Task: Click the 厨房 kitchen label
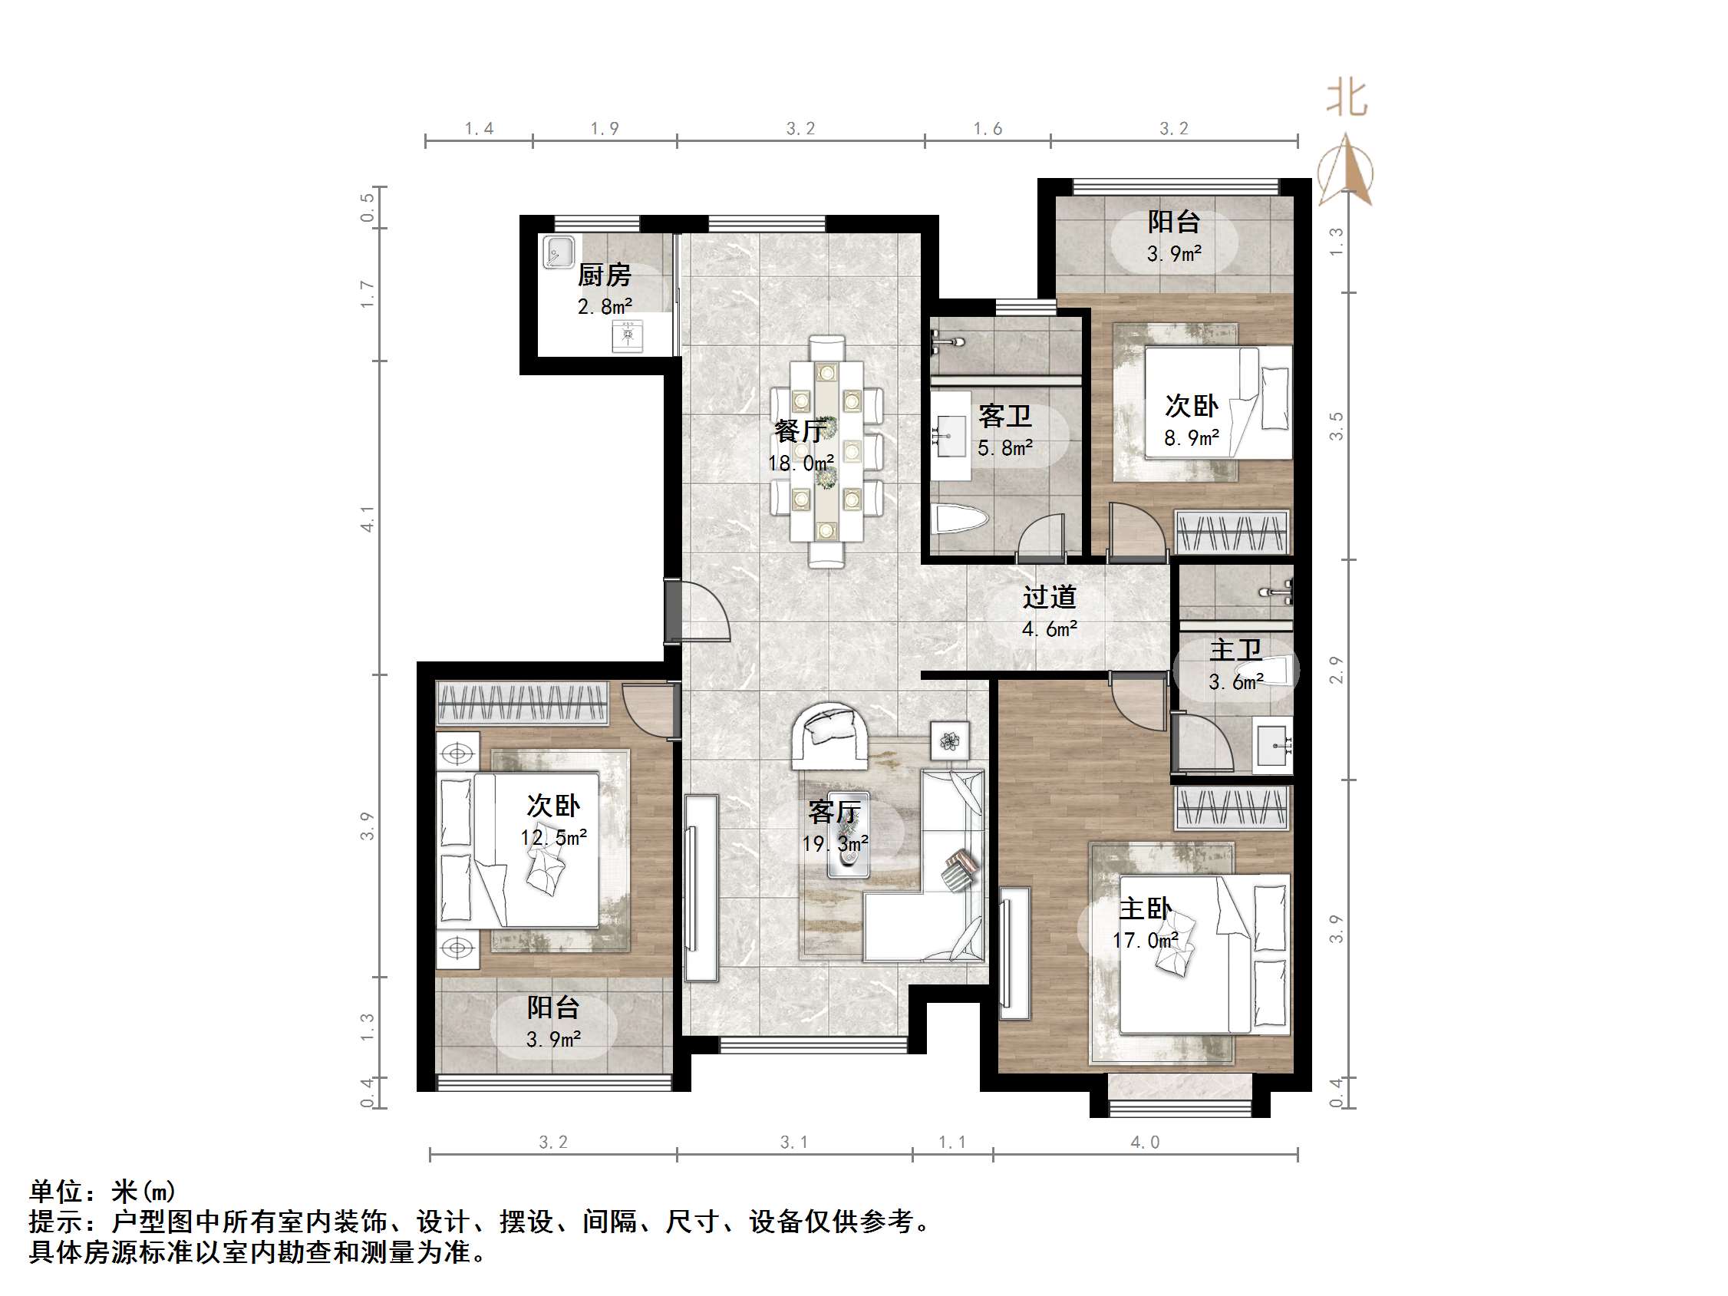click(x=604, y=275)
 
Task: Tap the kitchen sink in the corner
click(x=559, y=252)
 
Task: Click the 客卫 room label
click(x=1004, y=416)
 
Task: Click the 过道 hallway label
click(x=1049, y=597)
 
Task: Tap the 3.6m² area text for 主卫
click(x=1236, y=682)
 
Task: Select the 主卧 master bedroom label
click(x=1146, y=909)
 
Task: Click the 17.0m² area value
click(x=1146, y=941)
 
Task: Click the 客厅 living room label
click(x=834, y=813)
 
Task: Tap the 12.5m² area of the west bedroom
click(x=553, y=837)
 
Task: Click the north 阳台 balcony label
click(x=1173, y=222)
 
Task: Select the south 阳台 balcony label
click(x=552, y=1007)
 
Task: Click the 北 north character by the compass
click(x=1347, y=99)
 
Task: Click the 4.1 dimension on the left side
click(x=367, y=519)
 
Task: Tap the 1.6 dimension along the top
click(x=988, y=129)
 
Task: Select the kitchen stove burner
click(x=628, y=335)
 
